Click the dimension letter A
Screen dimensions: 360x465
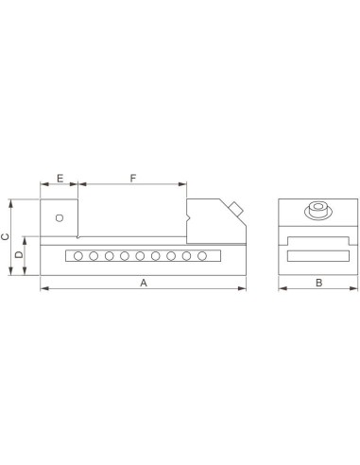[144, 283]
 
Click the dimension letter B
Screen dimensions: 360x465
[318, 283]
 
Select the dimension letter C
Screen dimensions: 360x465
[6, 237]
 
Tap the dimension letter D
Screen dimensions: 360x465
[19, 254]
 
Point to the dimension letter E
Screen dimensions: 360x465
[60, 179]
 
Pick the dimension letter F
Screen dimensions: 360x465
[133, 179]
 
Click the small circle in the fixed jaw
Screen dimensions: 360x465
[60, 217]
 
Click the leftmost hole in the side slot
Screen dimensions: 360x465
[78, 256]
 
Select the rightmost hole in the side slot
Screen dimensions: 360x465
[202, 256]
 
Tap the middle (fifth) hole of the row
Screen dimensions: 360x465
[140, 256]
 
